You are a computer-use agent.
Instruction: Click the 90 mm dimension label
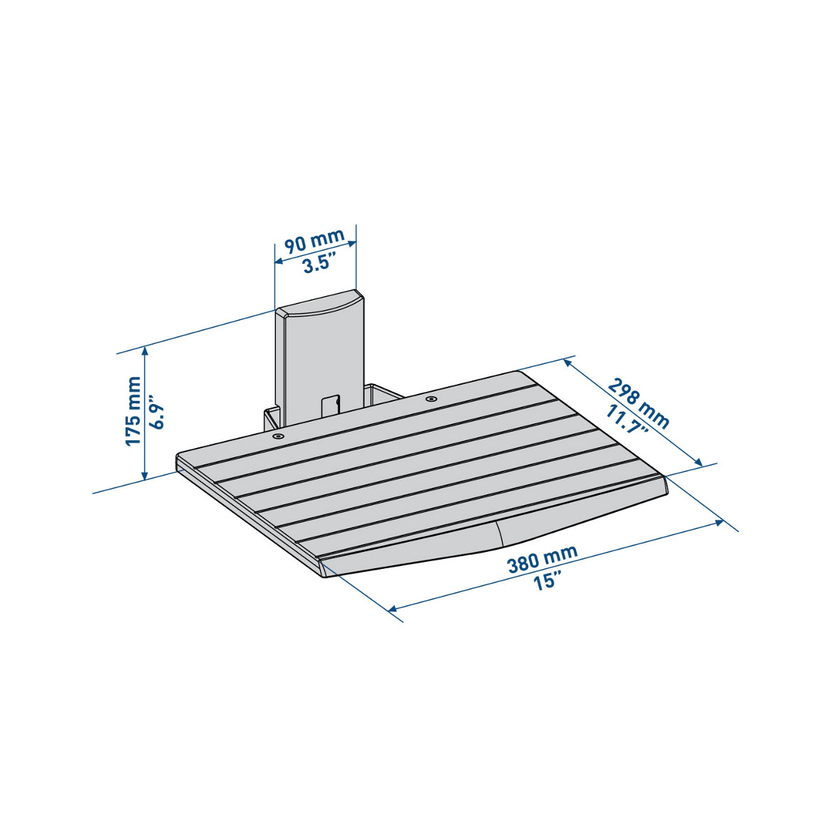point(314,241)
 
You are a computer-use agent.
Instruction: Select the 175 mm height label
point(133,411)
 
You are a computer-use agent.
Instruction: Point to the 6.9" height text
point(156,412)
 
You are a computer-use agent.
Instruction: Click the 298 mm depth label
point(639,403)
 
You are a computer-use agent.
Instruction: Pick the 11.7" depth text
point(626,420)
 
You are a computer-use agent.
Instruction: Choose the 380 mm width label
point(543,559)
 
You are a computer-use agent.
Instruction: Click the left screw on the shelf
point(277,436)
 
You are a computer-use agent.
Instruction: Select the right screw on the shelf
point(432,398)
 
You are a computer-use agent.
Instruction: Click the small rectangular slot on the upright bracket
point(330,405)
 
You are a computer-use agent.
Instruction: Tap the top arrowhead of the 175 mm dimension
point(144,350)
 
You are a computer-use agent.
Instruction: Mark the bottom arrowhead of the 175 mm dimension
point(144,476)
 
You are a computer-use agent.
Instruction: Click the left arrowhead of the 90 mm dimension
point(278,261)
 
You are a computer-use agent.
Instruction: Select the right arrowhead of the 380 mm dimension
point(720,523)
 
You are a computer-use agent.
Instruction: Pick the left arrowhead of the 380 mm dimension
point(393,609)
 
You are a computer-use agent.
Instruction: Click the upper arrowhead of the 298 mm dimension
point(567,363)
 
